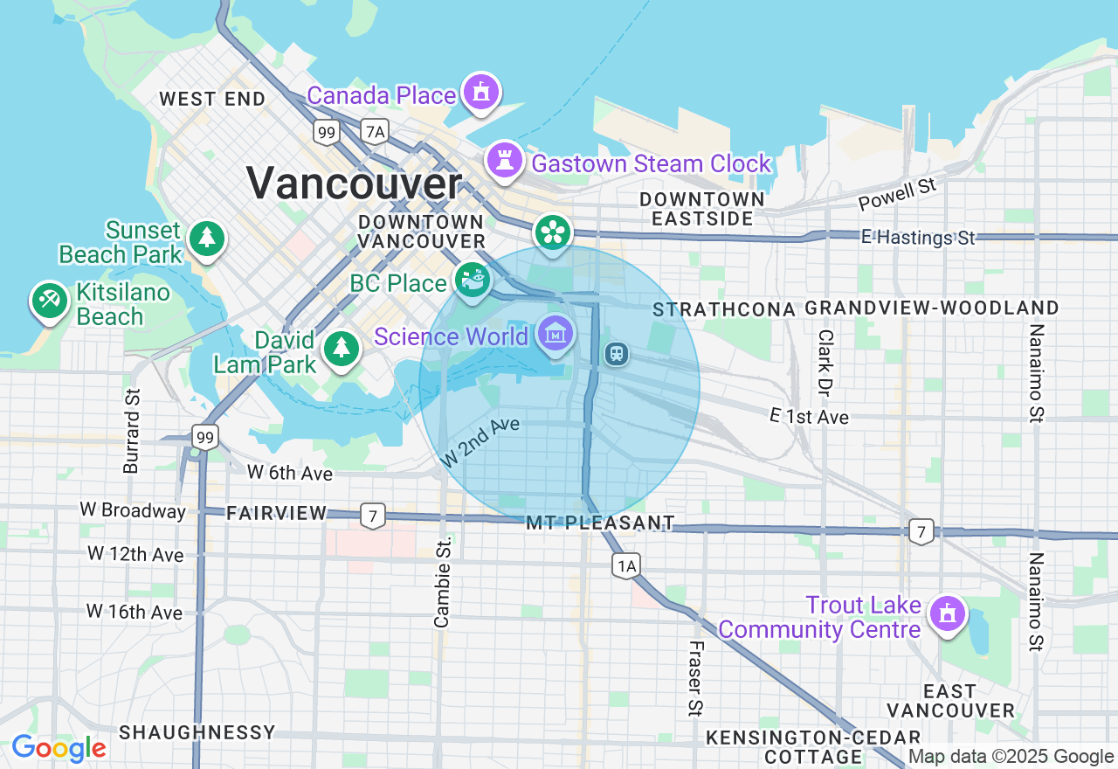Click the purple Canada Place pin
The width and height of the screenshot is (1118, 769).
tap(480, 93)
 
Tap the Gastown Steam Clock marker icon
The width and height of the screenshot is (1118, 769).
tap(504, 161)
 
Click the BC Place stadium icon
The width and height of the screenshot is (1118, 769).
tap(473, 281)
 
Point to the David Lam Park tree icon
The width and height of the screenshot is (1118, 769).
tap(342, 349)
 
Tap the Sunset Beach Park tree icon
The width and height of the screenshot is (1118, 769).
tap(206, 238)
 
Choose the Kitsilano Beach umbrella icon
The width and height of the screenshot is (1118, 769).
tap(49, 301)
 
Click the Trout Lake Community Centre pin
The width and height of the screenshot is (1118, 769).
tap(946, 614)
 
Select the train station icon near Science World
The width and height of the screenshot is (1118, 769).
tap(617, 354)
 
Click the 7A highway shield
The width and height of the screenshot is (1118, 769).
tap(375, 132)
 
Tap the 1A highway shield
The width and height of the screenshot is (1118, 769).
tap(625, 566)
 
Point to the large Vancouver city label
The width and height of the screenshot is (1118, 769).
tap(354, 184)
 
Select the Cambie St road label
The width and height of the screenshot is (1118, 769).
tap(443, 582)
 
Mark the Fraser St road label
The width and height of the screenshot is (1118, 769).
tap(695, 678)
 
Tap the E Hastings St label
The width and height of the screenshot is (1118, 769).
tap(917, 237)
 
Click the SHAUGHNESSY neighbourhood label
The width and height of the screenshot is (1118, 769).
tap(197, 732)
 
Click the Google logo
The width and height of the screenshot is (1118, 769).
tap(59, 749)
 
